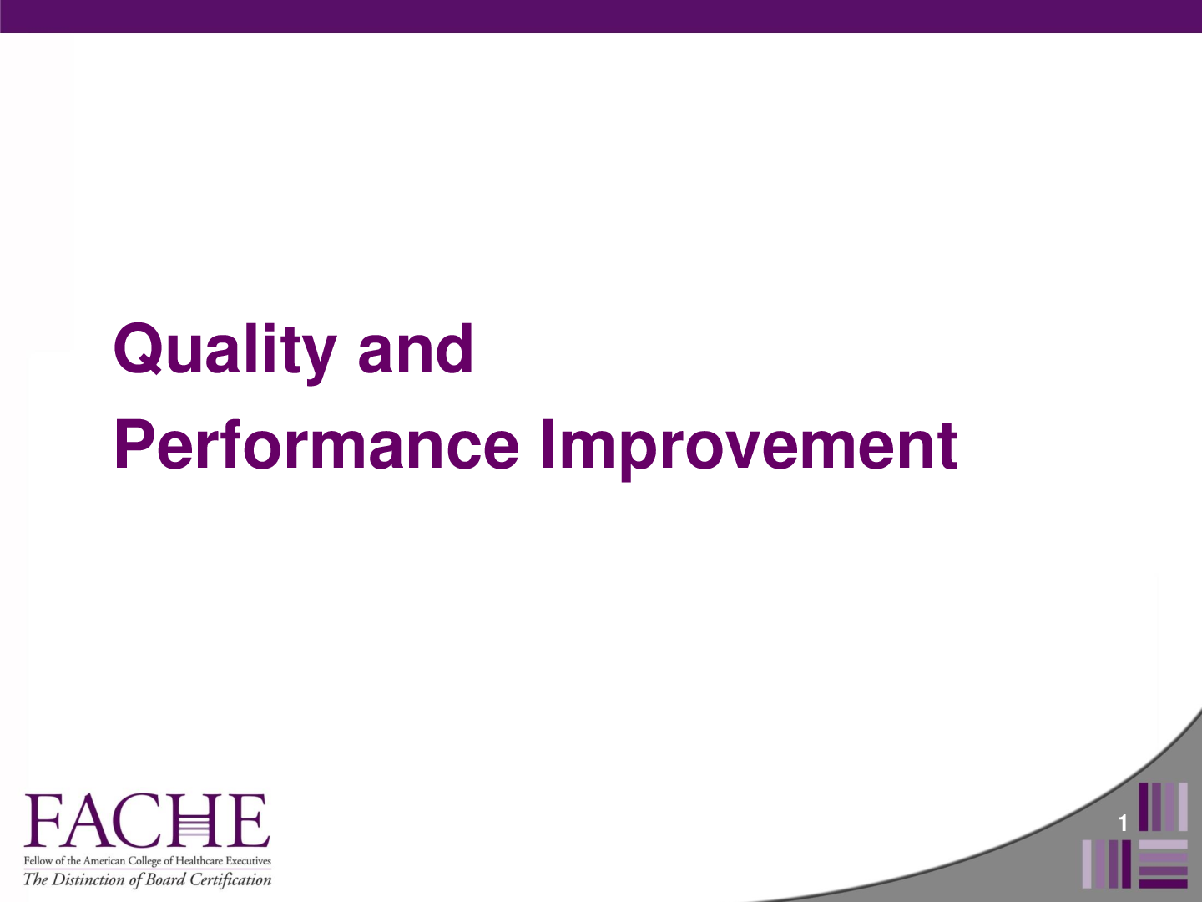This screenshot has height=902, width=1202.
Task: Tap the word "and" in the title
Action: (x=415, y=349)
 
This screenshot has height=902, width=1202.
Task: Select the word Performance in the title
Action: (x=316, y=445)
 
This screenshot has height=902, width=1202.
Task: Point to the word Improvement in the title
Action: (x=749, y=445)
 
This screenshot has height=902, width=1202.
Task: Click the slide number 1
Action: (x=1123, y=823)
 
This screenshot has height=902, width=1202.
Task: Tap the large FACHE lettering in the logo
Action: (x=147, y=820)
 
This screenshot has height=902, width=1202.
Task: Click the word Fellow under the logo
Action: (x=38, y=861)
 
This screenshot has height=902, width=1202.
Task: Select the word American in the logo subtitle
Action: (x=104, y=861)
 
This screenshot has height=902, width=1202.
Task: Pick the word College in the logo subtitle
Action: (x=144, y=861)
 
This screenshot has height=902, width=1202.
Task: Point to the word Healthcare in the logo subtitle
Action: (x=199, y=861)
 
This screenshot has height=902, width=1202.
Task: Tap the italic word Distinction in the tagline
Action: (x=88, y=879)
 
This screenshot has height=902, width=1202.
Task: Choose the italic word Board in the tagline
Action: (x=165, y=879)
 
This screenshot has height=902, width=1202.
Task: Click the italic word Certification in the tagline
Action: (x=230, y=879)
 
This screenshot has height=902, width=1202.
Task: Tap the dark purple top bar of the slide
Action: (x=601, y=16)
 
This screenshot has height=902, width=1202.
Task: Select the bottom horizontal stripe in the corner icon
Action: (x=1163, y=883)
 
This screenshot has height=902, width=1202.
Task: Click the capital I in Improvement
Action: (x=548, y=444)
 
